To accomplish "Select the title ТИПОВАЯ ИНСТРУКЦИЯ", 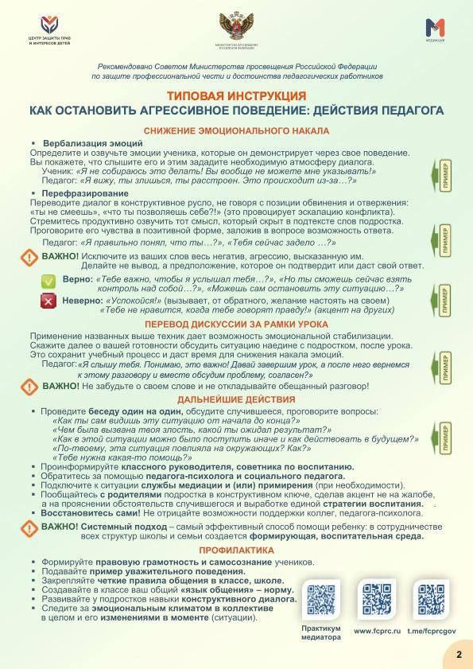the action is click(236, 95).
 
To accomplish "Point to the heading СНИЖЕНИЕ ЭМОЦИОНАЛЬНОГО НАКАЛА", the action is click(236, 130).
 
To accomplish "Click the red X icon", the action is click(48, 301).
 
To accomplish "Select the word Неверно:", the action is click(77, 301).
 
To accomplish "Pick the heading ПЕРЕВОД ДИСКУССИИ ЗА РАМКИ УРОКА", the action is click(236, 325).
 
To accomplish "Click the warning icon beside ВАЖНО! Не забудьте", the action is click(30, 387).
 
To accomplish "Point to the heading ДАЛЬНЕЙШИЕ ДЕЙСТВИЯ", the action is click(236, 399).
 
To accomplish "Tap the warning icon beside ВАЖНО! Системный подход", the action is click(30, 530).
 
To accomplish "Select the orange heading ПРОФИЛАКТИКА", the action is click(236, 549).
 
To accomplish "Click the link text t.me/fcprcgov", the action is click(431, 631).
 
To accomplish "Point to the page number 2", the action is click(458, 654).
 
